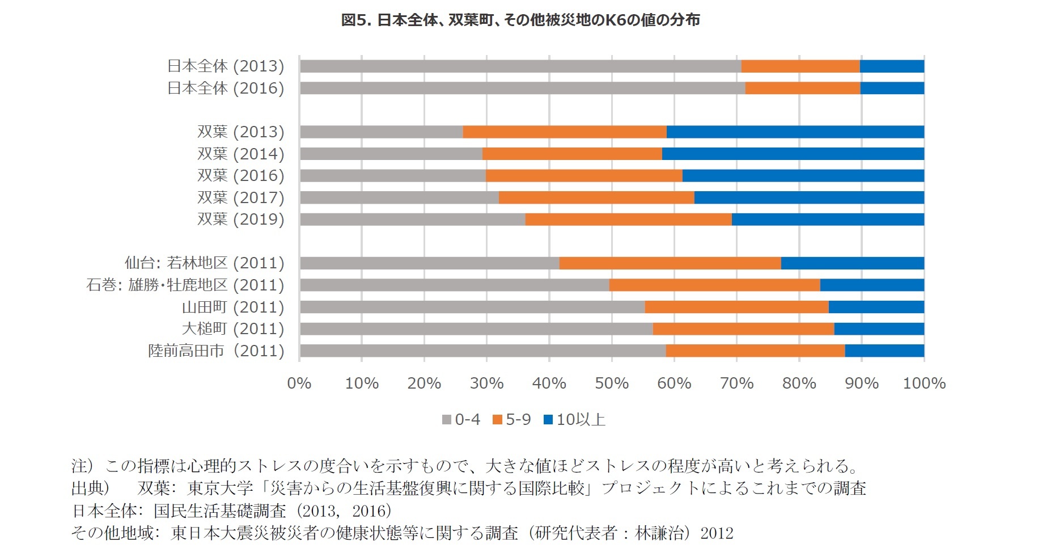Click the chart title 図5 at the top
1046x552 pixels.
520,20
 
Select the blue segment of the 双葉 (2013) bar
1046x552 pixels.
795,132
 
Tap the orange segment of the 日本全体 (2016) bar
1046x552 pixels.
802,88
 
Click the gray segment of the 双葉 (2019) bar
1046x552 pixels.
412,220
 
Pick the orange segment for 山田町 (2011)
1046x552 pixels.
736,307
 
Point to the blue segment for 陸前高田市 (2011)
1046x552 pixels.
884,351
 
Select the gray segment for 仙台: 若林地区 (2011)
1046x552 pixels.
429,263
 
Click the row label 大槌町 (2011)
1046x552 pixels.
233,329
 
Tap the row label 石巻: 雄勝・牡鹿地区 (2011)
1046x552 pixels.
185,285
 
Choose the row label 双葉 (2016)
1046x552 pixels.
240,176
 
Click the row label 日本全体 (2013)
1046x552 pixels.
226,66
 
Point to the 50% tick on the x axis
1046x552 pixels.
612,384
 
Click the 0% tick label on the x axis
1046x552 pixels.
299,384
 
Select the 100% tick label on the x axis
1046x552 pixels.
924,384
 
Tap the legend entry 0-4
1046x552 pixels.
461,420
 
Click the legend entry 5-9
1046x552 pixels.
512,420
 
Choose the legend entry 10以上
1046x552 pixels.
574,420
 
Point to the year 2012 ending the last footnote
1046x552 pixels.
717,533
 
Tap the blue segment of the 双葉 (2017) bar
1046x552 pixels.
808,197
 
